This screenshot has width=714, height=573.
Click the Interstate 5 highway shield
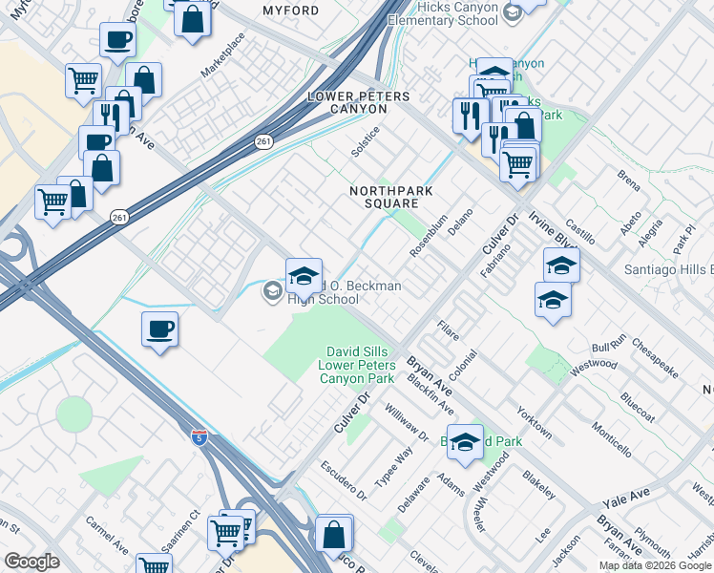point(198,438)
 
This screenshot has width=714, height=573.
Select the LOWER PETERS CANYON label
point(358,103)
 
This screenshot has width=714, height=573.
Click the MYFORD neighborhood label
point(291,11)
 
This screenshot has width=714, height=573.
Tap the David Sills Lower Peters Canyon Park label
point(360,366)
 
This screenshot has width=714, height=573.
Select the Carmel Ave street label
point(107,536)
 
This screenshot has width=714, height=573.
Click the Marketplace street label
point(222,55)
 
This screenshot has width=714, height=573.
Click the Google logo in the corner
point(31,562)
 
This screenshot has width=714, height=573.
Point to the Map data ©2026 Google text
point(655,565)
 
